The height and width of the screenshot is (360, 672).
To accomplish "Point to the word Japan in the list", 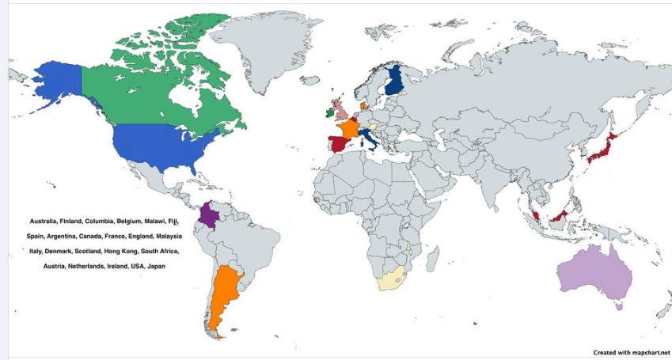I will pyautogui.click(x=157, y=266).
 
